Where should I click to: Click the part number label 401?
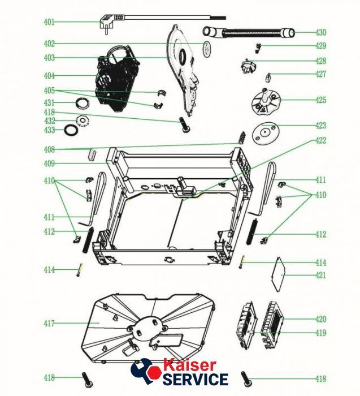tap(49, 22)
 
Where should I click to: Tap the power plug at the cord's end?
tap(107, 23)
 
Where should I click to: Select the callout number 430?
tap(321, 32)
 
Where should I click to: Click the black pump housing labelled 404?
tap(118, 79)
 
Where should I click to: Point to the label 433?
tap(49, 130)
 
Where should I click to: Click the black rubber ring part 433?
tap(71, 130)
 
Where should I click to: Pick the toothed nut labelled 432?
tap(83, 120)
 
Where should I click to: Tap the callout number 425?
tap(321, 100)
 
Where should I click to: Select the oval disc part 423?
tap(266, 134)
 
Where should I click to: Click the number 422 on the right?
tap(321, 140)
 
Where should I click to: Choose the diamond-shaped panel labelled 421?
tap(277, 274)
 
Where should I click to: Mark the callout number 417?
tap(49, 323)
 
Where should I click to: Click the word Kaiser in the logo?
tap(190, 365)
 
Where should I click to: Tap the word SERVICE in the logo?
tap(196, 379)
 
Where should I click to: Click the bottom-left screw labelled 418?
tap(87, 380)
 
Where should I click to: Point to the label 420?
tap(321, 319)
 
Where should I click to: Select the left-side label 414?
tap(49, 270)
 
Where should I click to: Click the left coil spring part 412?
tap(88, 240)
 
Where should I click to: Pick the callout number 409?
tap(49, 163)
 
